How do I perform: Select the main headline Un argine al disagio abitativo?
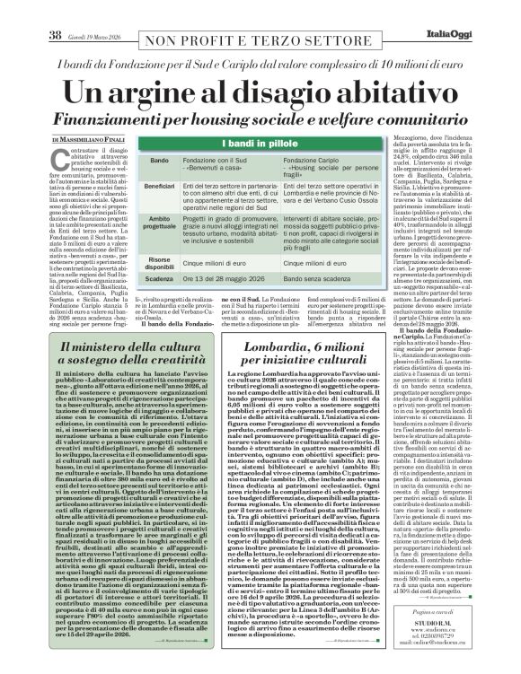point(260,92)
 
